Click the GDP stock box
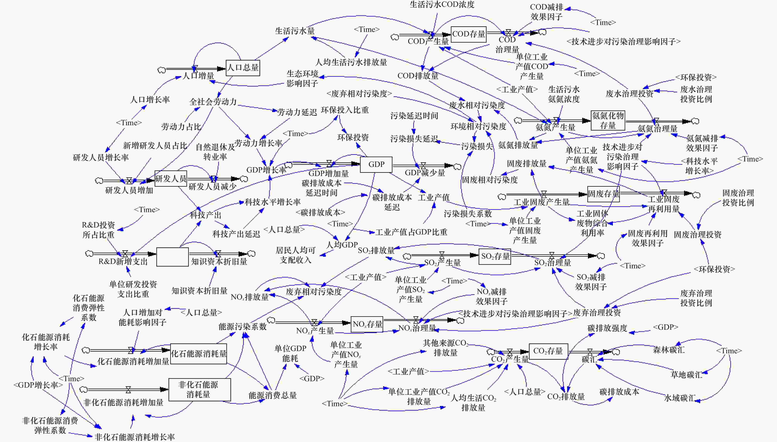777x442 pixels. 376,165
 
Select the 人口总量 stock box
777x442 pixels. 243,67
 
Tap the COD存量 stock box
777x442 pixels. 469,34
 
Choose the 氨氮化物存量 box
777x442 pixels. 608,120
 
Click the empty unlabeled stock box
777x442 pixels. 172,257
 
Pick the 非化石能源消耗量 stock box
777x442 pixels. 199,390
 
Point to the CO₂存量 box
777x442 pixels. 548,351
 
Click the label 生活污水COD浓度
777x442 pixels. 442,5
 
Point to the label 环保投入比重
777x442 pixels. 345,110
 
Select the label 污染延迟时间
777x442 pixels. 414,116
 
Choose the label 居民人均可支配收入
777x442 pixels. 296,255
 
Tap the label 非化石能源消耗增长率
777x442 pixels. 135,437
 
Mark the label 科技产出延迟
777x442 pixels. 236,234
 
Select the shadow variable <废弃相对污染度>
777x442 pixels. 359,94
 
